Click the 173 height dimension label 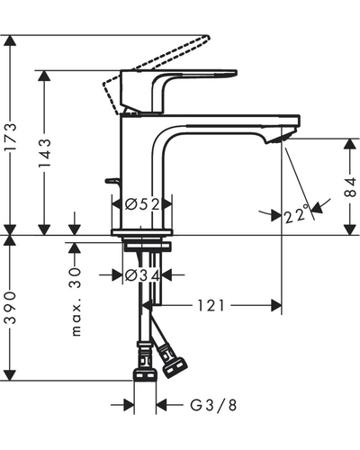(10, 137)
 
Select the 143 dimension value (44, 153)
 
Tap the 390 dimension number (10, 307)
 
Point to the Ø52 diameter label (142, 204)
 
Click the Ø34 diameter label (142, 275)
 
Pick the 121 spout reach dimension (211, 306)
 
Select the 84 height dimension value (350, 187)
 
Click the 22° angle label (297, 213)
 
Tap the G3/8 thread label (213, 405)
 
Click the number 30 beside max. (76, 278)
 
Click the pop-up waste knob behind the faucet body (112, 181)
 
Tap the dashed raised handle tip (205, 38)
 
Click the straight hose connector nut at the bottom (145, 375)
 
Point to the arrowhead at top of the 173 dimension (10, 40)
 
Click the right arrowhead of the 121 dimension (276, 306)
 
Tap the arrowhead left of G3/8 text (129, 405)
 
